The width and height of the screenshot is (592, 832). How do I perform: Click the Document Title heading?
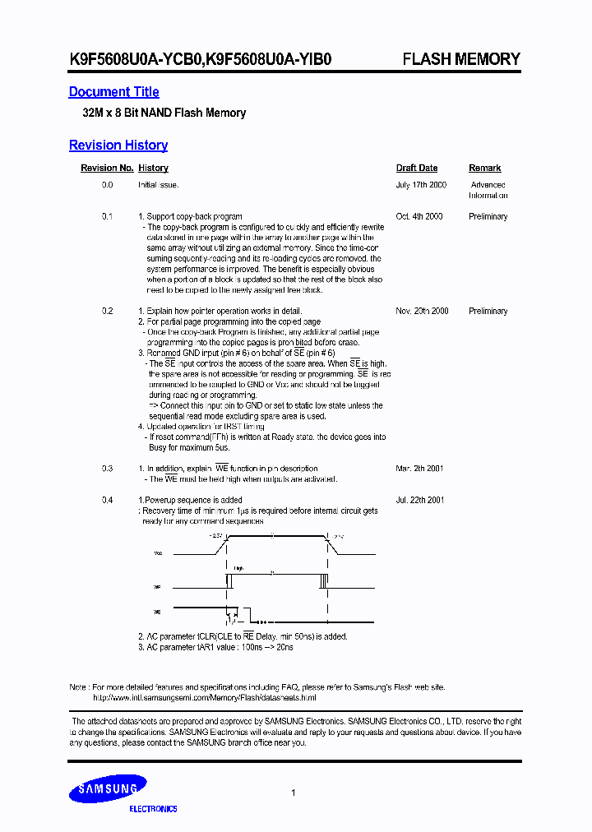(x=113, y=92)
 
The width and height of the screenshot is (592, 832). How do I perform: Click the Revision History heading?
(x=118, y=146)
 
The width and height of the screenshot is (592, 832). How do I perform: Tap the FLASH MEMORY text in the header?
(x=460, y=59)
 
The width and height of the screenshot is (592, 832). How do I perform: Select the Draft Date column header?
(x=416, y=168)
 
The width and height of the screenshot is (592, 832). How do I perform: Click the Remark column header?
(x=484, y=168)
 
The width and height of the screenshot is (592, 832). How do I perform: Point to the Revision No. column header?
(x=106, y=168)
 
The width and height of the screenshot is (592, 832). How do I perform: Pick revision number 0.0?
(x=107, y=185)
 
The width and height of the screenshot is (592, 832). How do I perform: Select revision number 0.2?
(x=107, y=311)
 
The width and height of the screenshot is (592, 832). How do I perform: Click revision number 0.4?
(x=107, y=500)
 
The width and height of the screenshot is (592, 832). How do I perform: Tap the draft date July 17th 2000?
(x=420, y=185)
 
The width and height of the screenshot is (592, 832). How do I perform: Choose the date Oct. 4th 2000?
(x=419, y=216)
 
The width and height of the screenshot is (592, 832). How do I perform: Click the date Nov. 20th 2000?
(x=422, y=311)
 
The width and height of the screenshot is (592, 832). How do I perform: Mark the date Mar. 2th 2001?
(x=419, y=469)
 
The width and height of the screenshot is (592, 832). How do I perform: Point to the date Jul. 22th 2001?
(x=419, y=500)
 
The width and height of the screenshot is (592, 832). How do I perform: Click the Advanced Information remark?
(x=488, y=190)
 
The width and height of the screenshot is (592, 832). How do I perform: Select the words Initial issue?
(x=158, y=185)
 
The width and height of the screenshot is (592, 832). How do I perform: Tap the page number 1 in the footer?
(x=294, y=793)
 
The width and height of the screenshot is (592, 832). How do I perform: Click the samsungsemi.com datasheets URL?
(x=204, y=697)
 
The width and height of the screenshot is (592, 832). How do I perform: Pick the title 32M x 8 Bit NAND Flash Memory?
(x=157, y=113)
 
